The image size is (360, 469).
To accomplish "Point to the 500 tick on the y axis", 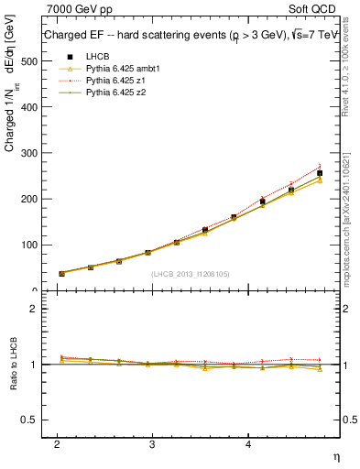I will pyautogui.click(x=26, y=61).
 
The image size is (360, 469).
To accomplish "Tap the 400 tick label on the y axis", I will pyautogui.click(x=26, y=107).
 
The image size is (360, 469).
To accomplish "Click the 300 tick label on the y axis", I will pyautogui.click(x=26, y=153).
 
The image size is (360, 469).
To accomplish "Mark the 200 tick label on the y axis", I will pyautogui.click(x=26, y=199).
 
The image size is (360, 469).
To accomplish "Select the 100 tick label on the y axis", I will pyautogui.click(x=26, y=245).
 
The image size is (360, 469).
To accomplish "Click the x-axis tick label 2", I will pyautogui.click(x=57, y=443).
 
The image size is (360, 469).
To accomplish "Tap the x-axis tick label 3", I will pyautogui.click(x=152, y=443).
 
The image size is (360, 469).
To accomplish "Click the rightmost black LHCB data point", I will pyautogui.click(x=320, y=173).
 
